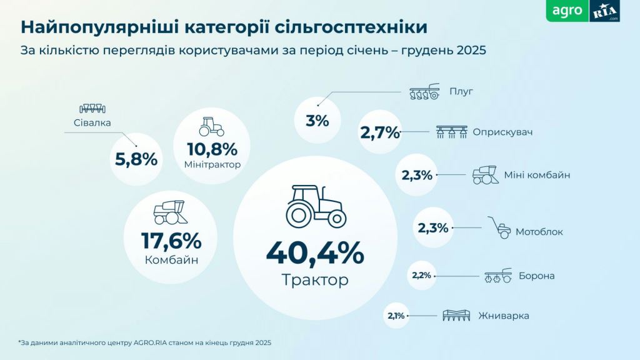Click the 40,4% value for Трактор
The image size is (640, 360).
[314, 252]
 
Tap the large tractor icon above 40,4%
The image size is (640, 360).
[316, 206]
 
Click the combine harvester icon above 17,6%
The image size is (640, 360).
[169, 212]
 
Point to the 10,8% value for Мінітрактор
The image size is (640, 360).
[212, 149]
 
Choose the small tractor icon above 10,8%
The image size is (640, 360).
[211, 126]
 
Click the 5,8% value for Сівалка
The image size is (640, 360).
[136, 159]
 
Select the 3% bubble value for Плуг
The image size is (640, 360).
[317, 121]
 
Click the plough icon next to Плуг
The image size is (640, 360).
[424, 93]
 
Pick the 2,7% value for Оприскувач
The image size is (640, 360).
[379, 132]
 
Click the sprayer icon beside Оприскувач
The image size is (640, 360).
[451, 132]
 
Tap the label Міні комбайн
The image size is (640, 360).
[537, 175]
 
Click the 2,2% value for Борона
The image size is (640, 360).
[421, 275]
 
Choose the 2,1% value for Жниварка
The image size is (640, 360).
[396, 316]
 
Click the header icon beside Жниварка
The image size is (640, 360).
[456, 316]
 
